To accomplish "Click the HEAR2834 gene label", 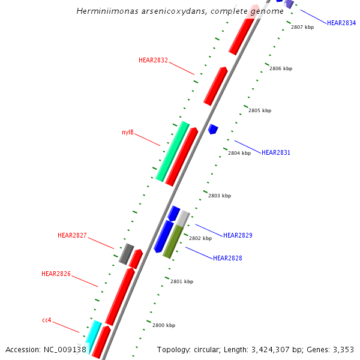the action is tap(341, 23).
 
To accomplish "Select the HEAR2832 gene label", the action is tap(153, 60).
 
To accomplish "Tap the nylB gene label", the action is tap(128, 132).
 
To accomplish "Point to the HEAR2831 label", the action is tap(276, 153).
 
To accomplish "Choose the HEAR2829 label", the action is tap(238, 235).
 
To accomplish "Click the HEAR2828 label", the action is tap(227, 258).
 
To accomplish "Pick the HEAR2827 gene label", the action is tap(72, 235).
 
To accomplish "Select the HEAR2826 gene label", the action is tap(56, 274).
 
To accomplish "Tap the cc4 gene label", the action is tap(46, 320).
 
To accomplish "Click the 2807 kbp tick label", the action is tap(302, 27).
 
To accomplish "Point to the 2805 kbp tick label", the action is tap(260, 110).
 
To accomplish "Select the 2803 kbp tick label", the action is tap(220, 196).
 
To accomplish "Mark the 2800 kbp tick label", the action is tap(164, 325).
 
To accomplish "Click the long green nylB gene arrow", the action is tap(172, 151).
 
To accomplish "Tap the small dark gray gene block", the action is tap(126, 254).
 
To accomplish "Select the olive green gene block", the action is tap(173, 241).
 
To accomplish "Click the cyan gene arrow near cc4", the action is tap(93, 333).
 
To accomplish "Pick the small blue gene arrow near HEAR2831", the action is tap(212, 128).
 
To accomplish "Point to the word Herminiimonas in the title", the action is tap(106, 11).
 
